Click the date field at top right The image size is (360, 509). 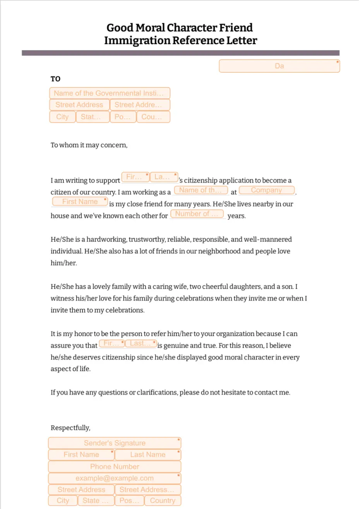coord(279,66)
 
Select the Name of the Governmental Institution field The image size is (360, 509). coord(110,93)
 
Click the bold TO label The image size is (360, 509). coord(55,79)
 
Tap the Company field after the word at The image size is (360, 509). coord(266,190)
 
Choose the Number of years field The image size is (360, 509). coord(197,214)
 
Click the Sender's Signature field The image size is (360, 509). coord(115,443)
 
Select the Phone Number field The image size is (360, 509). coord(115,466)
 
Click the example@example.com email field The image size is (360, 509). coord(115,478)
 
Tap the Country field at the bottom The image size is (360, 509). coord(163,500)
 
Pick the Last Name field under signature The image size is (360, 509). coord(148,455)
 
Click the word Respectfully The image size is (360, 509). coord(70,428)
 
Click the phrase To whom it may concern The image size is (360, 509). coord(89,145)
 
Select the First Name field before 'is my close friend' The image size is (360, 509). coord(80,202)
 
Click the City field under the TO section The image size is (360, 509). coord(62,117)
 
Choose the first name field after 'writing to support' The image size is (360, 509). coord(135,177)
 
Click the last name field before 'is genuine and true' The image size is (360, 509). coord(141,343)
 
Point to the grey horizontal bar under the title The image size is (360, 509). coord(180,53)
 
